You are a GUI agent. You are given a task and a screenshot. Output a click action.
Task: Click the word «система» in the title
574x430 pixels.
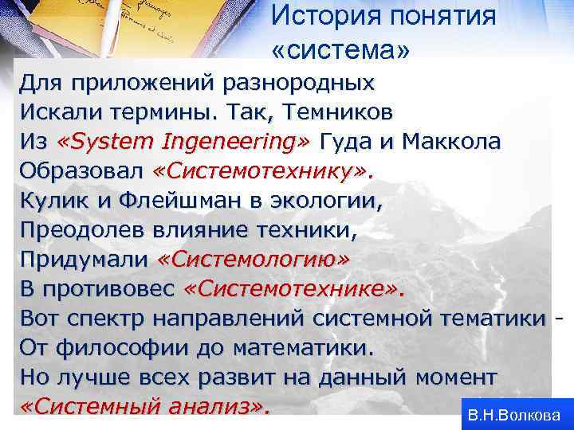click(341, 51)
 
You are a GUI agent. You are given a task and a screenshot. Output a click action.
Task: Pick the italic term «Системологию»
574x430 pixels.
click(254, 260)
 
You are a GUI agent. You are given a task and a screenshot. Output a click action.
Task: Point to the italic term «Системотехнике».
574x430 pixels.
click(293, 290)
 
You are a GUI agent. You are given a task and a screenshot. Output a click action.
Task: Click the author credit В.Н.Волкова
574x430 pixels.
click(514, 415)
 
